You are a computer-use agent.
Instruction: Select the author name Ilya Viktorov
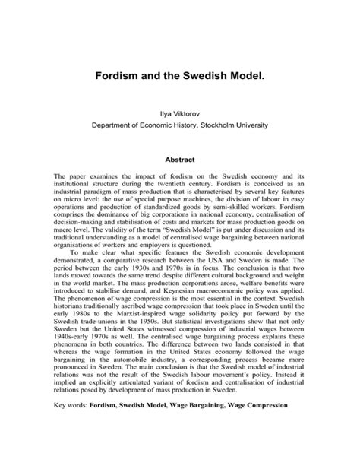(180, 111)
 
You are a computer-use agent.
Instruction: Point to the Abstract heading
(180, 160)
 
